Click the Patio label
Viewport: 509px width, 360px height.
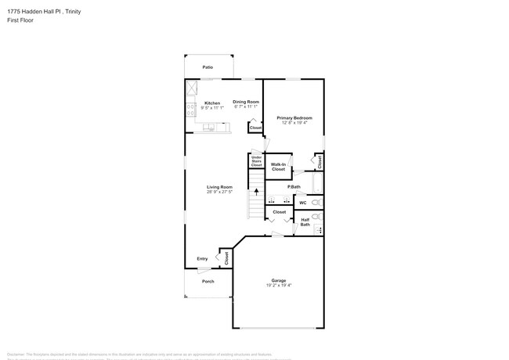[208, 67]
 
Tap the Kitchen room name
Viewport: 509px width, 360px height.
[212, 103]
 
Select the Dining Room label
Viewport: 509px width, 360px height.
[246, 102]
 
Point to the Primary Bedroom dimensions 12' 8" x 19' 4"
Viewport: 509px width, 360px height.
[294, 123]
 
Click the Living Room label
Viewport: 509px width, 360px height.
[219, 187]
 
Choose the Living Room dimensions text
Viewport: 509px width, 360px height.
[219, 193]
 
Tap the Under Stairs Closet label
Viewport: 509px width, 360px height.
[256, 161]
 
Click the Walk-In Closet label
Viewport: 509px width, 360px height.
[278, 167]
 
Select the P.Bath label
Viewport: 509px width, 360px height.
[294, 187]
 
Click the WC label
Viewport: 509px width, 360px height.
[302, 203]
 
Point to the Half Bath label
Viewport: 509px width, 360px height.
[305, 222]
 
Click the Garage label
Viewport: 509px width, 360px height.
[278, 280]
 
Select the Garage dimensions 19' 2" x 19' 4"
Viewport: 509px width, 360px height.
[278, 286]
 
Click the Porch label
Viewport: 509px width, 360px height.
[208, 281]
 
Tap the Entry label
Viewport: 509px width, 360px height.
[202, 258]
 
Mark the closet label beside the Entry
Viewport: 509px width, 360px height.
[226, 257]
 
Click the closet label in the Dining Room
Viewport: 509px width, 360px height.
[255, 127]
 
